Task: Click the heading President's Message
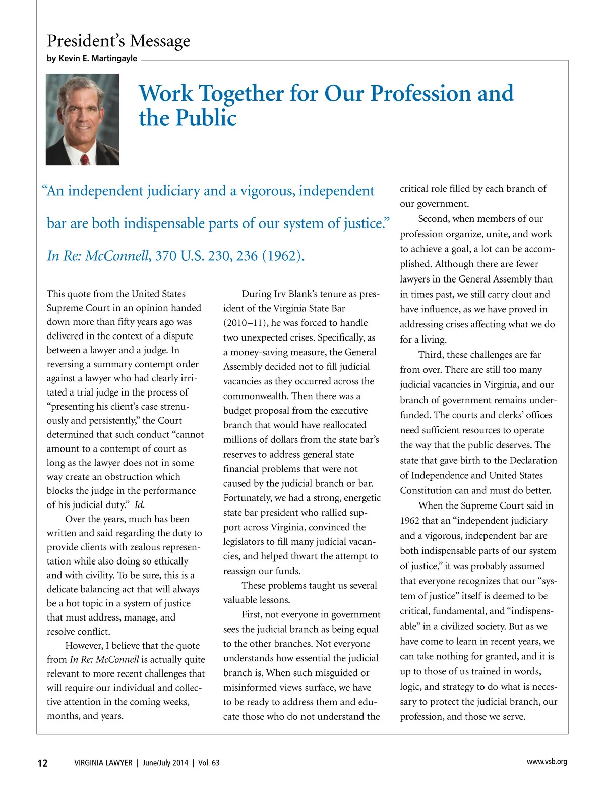point(118,40)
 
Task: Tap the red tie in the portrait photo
point(85,159)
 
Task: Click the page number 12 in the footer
point(43,763)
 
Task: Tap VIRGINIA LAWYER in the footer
point(103,763)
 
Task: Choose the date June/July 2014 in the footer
point(165,763)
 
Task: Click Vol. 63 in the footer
point(209,763)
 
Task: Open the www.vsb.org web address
point(547,762)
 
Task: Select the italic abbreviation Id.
point(140,505)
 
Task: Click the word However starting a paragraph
point(83,646)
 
